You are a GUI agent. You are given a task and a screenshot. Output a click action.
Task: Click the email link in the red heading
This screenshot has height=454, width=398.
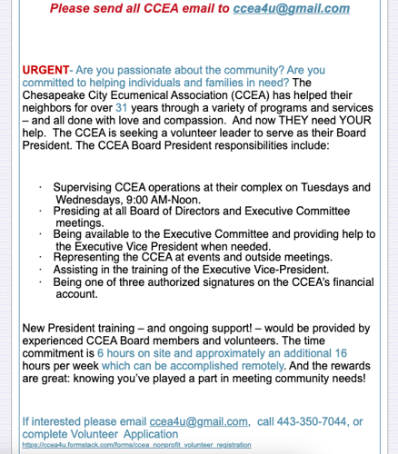point(291,9)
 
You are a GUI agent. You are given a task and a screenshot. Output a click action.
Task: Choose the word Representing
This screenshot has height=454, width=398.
point(98,257)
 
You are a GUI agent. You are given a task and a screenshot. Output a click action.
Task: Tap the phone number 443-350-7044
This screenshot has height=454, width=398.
point(306,421)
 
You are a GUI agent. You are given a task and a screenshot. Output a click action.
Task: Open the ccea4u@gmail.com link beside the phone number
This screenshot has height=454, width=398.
point(199,421)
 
